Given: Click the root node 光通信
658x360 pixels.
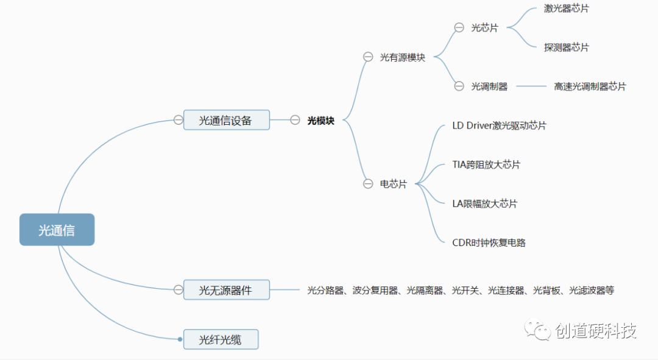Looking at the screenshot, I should point(57,230).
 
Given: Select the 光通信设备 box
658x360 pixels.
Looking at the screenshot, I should point(226,120).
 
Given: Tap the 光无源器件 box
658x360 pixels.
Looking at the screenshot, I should point(226,290).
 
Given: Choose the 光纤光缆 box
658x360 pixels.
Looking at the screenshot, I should point(221,339).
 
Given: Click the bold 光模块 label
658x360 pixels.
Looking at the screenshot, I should point(320,121).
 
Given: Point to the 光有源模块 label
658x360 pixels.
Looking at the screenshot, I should point(402,57).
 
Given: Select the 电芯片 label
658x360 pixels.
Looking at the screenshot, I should point(393,183).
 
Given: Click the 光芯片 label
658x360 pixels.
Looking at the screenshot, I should point(484,27).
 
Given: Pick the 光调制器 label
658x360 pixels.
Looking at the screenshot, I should point(489,86).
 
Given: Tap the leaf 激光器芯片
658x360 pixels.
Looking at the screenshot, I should point(566,9).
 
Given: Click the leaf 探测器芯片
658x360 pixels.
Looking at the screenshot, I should point(566,47).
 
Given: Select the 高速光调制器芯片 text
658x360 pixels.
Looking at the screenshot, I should point(589,86).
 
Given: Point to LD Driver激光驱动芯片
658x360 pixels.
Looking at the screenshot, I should point(499,125).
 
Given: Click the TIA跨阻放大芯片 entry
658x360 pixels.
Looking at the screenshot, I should point(486,164).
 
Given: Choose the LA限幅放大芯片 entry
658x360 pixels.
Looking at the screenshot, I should point(484,203).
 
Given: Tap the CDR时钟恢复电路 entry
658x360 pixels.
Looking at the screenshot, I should point(489,242).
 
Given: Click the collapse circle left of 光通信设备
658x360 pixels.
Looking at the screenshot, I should point(178,120).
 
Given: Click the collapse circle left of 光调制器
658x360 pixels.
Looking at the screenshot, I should point(459,86).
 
